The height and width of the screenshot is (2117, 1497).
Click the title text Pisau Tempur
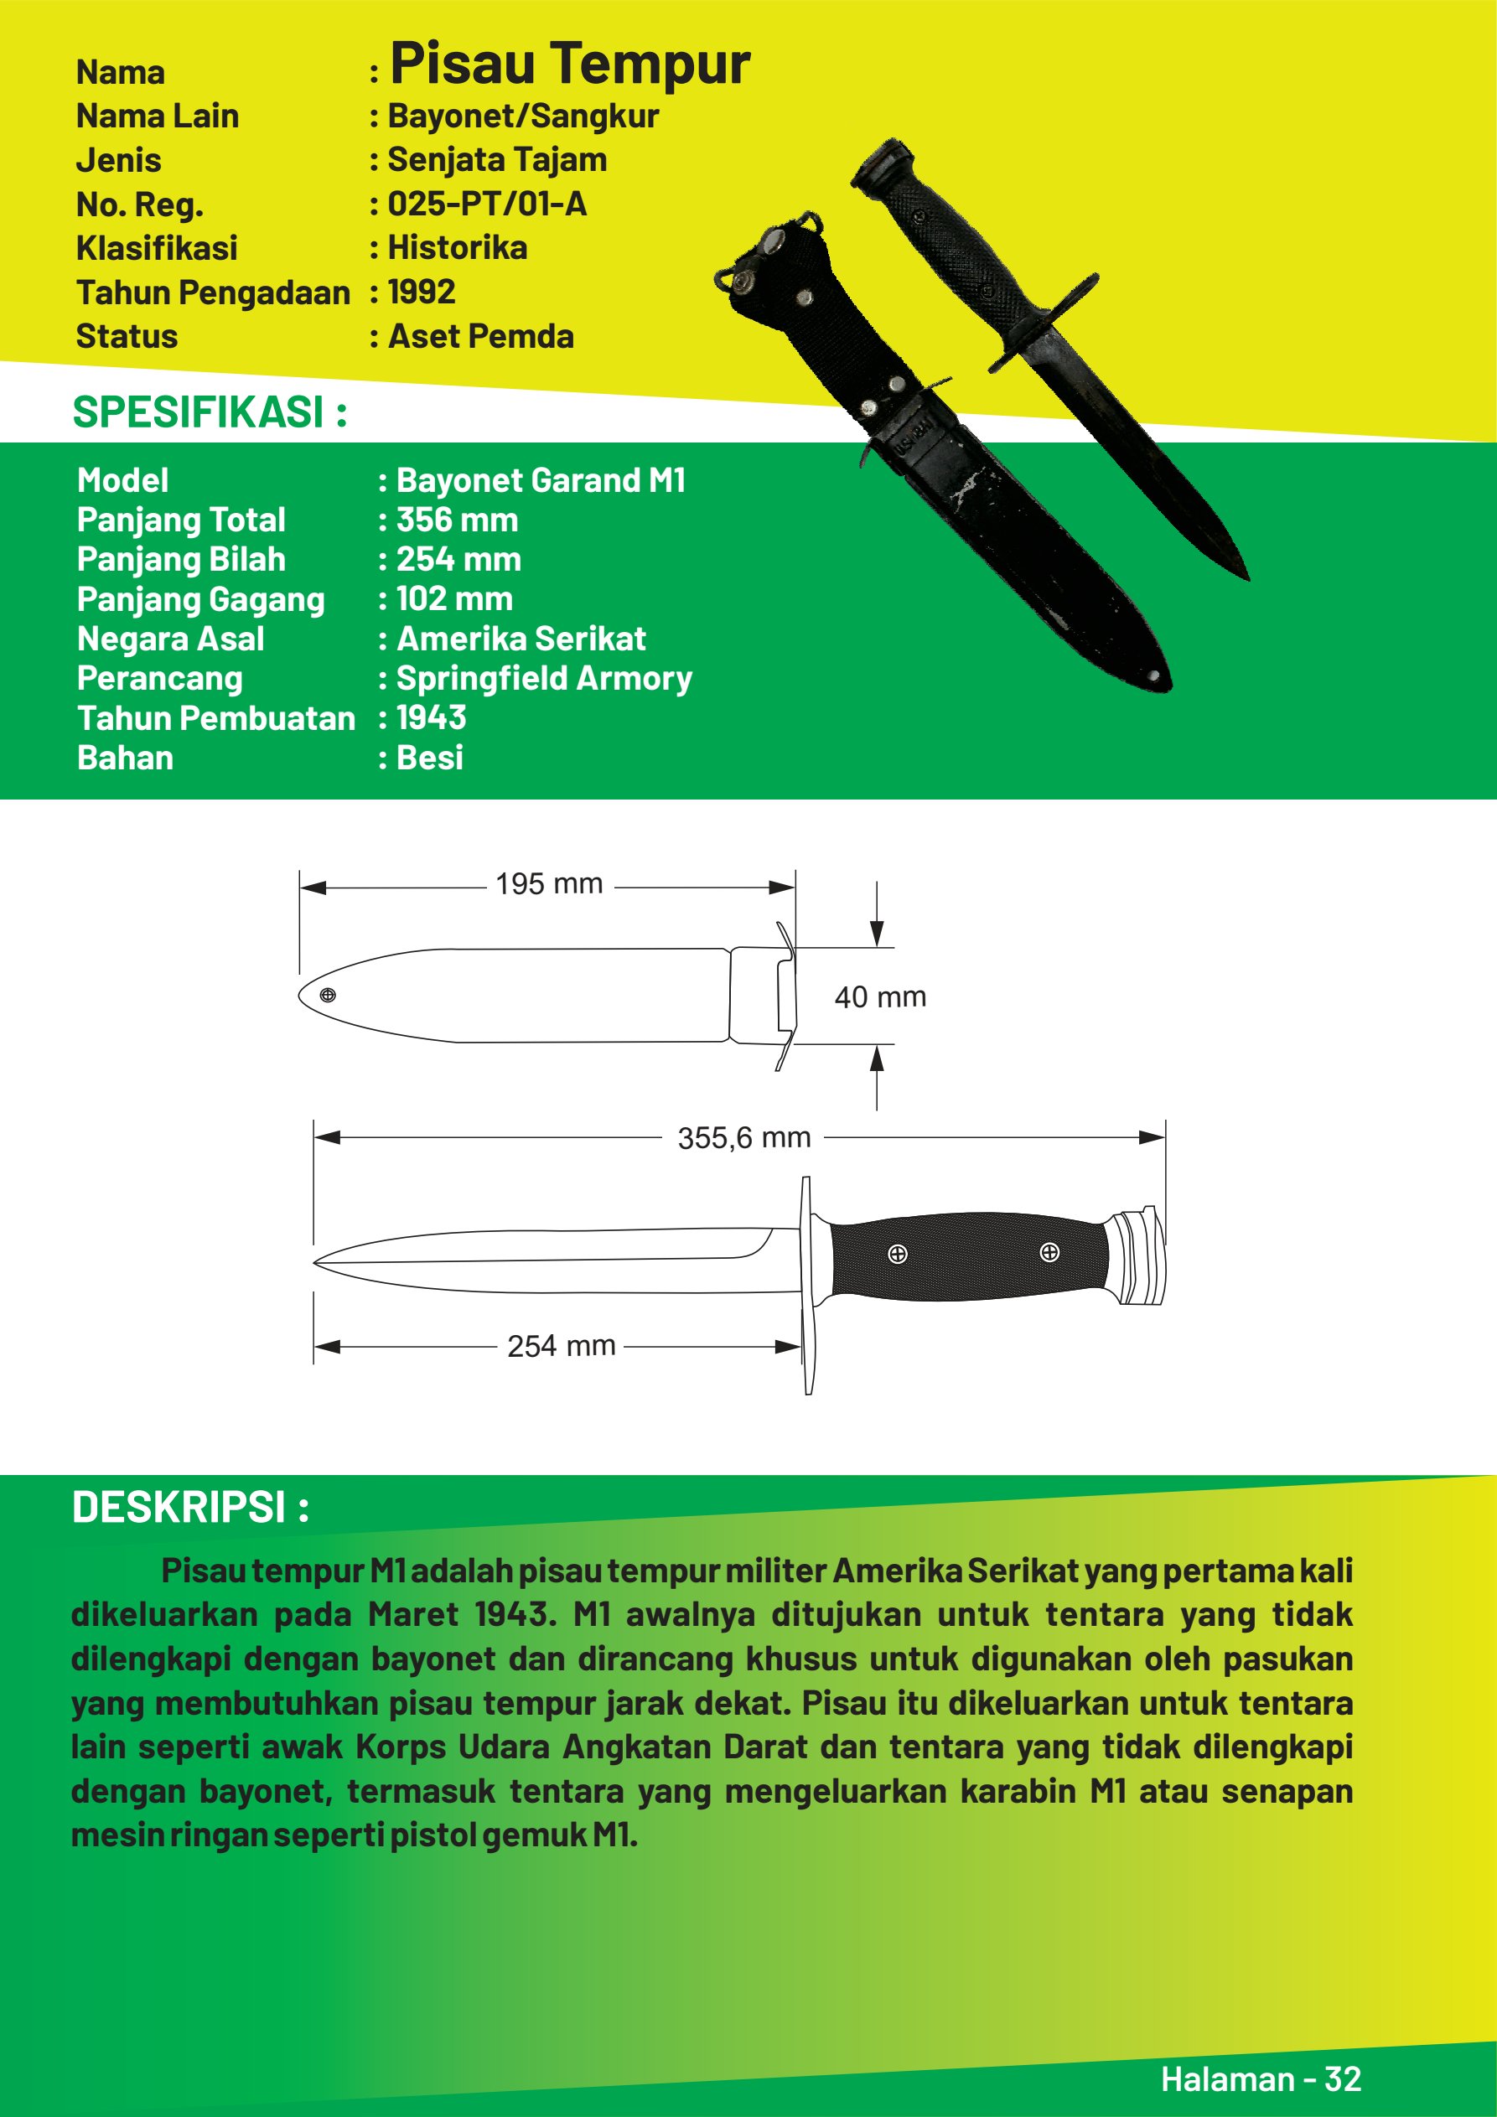[569, 65]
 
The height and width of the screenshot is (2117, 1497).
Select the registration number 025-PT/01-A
[486, 204]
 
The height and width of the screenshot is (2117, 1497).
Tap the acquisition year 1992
[422, 292]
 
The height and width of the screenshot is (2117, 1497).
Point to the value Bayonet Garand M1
[541, 480]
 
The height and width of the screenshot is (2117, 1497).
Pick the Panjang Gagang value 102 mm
[453, 599]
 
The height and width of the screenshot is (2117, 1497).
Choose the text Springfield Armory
[544, 679]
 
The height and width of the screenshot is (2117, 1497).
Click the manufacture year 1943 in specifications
[431, 718]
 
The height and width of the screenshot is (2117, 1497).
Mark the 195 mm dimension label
[549, 884]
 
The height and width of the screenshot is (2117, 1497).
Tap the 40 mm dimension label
[880, 996]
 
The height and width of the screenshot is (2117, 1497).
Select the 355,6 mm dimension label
[744, 1138]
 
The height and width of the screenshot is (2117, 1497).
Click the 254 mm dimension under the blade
[561, 1346]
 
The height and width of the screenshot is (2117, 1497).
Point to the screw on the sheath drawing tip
[329, 995]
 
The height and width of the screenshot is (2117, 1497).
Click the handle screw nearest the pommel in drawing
[1049, 1252]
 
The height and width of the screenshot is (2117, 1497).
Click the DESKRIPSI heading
[190, 1508]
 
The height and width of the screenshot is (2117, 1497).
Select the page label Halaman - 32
[1260, 2078]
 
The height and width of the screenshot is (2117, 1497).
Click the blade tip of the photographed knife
[1246, 576]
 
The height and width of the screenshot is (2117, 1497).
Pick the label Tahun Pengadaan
[213, 292]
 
